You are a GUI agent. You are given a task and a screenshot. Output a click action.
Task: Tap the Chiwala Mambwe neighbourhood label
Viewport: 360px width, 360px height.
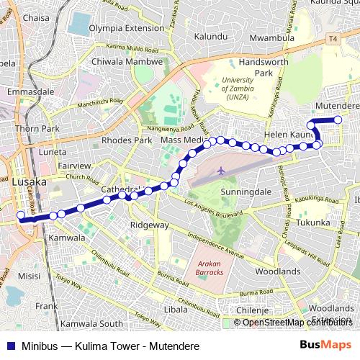[x=121, y=61]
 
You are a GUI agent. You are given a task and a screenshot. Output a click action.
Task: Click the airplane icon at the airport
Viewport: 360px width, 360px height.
[x=220, y=171]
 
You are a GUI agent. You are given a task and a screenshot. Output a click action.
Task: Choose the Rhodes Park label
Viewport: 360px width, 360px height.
[x=127, y=140]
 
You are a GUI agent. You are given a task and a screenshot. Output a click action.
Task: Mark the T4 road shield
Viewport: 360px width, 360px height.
[x=332, y=37]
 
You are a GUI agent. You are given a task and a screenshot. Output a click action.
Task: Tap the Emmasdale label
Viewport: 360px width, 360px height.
[x=27, y=92]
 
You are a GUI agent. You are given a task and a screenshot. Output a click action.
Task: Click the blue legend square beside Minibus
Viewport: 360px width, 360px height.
[x=9, y=344]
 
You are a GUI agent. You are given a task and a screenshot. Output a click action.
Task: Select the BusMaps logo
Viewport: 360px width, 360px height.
[x=330, y=344]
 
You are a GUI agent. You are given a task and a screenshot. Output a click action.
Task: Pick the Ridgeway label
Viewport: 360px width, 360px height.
[x=148, y=225]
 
